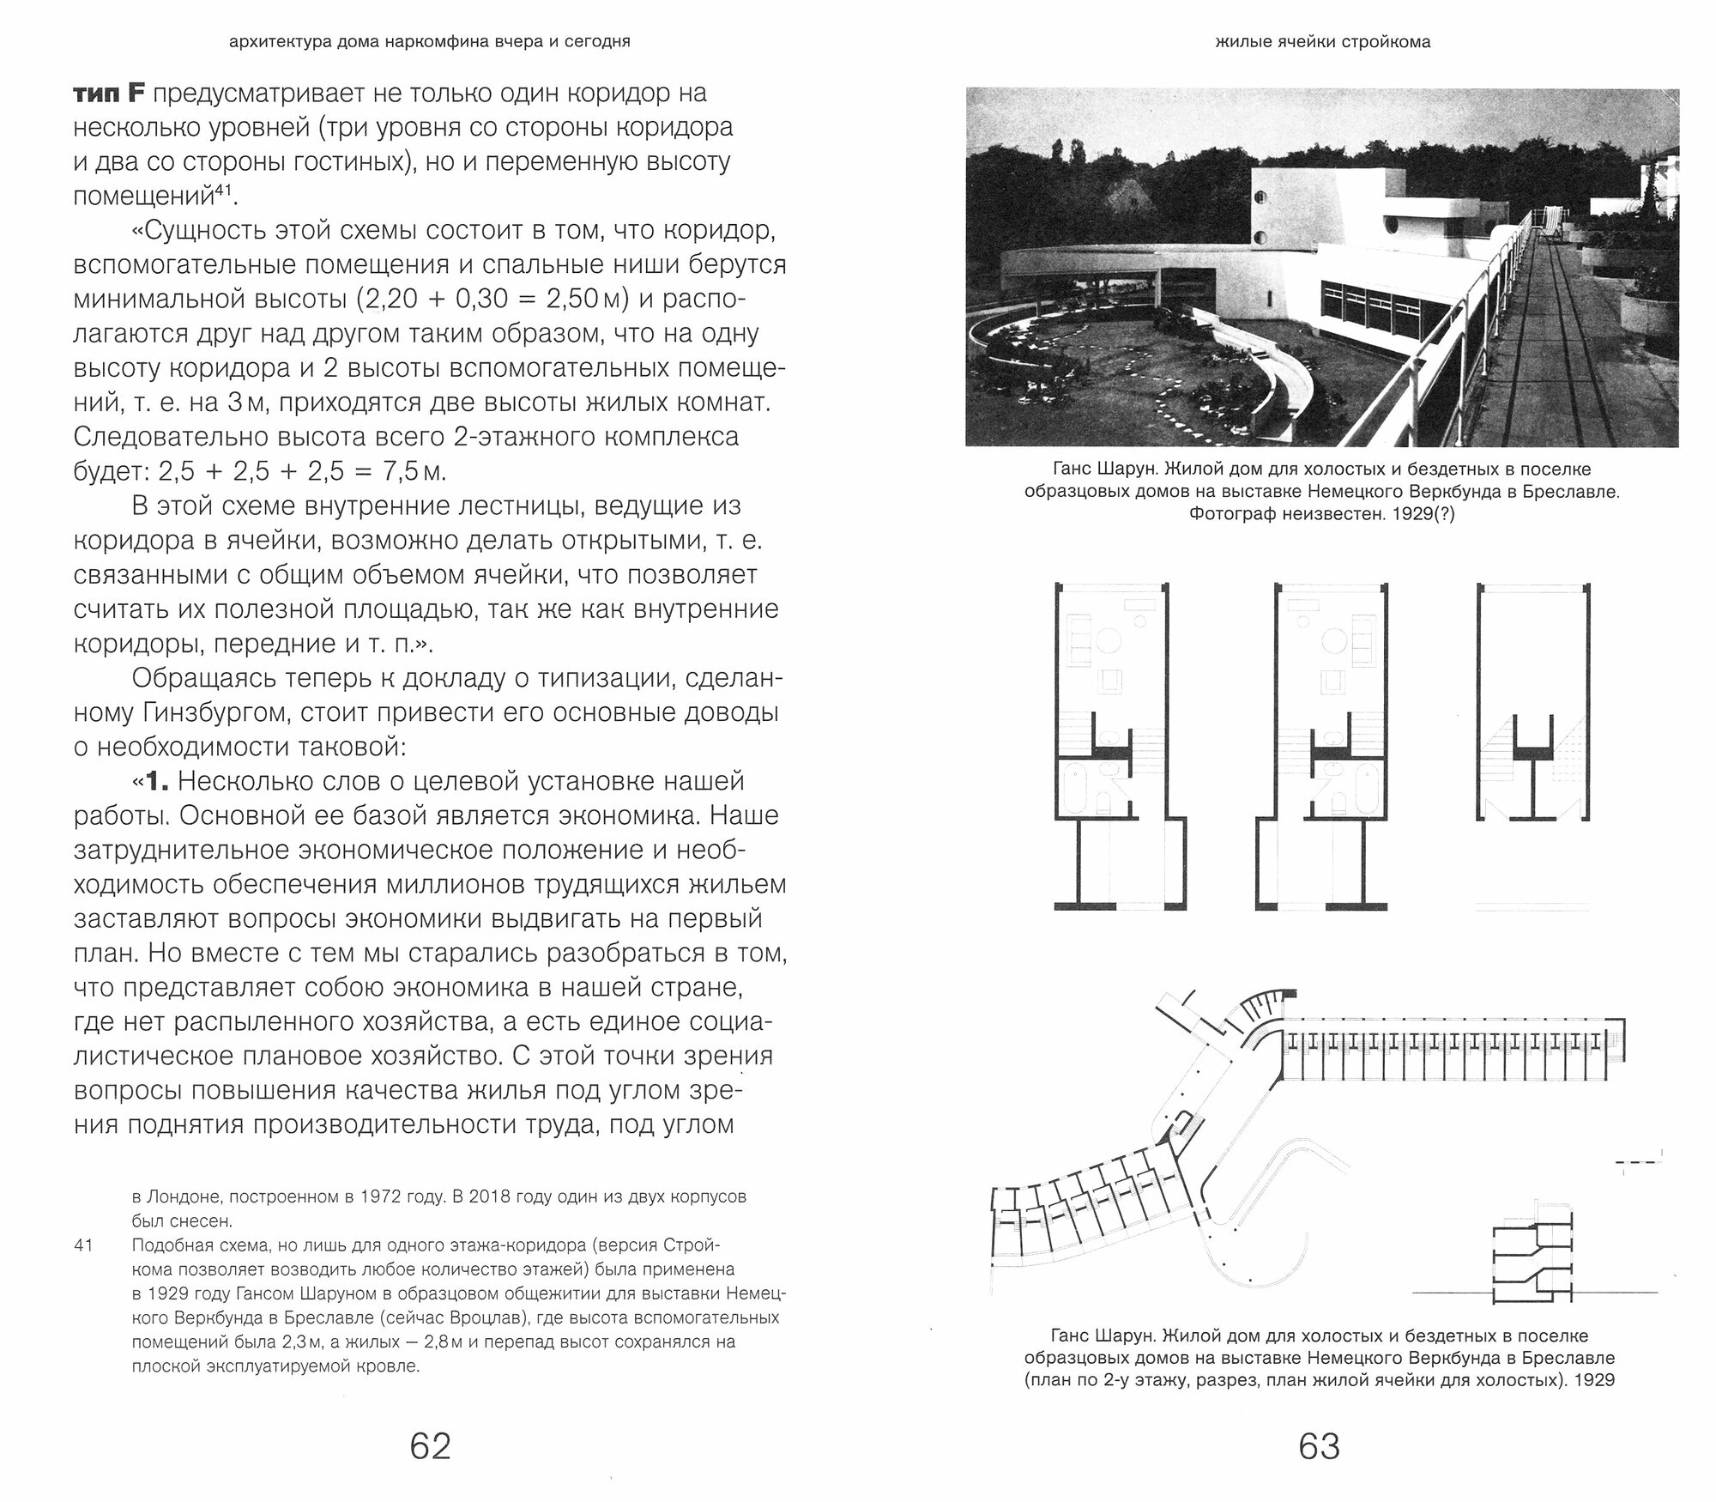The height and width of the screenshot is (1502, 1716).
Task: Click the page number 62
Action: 430,1446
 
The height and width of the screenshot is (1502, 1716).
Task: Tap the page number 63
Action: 1319,1446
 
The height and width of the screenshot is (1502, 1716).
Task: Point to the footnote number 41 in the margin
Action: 83,1245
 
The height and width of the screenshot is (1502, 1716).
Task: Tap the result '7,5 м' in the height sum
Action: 424,471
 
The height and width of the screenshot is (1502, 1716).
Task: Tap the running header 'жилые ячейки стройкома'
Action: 1322,42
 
